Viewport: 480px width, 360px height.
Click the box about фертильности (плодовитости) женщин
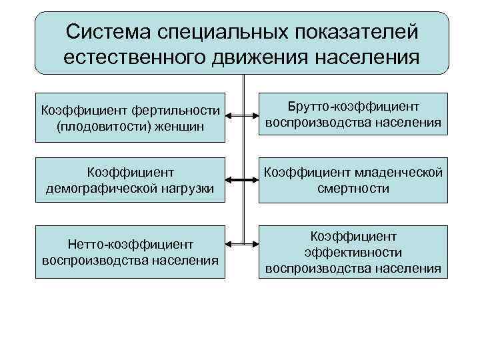[x=131, y=117]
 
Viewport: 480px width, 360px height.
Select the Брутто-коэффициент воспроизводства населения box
[x=353, y=114]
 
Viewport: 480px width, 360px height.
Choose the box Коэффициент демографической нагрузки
[x=131, y=180]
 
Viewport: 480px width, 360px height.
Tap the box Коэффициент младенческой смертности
[x=353, y=180]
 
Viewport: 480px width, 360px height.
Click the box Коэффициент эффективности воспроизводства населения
[x=353, y=251]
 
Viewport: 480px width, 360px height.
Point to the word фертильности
[x=176, y=109]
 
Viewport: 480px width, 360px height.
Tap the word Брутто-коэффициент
[x=353, y=106]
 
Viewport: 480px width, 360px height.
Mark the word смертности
[x=353, y=189]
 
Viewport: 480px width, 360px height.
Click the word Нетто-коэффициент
[x=131, y=244]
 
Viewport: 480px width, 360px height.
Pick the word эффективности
[x=353, y=252]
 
